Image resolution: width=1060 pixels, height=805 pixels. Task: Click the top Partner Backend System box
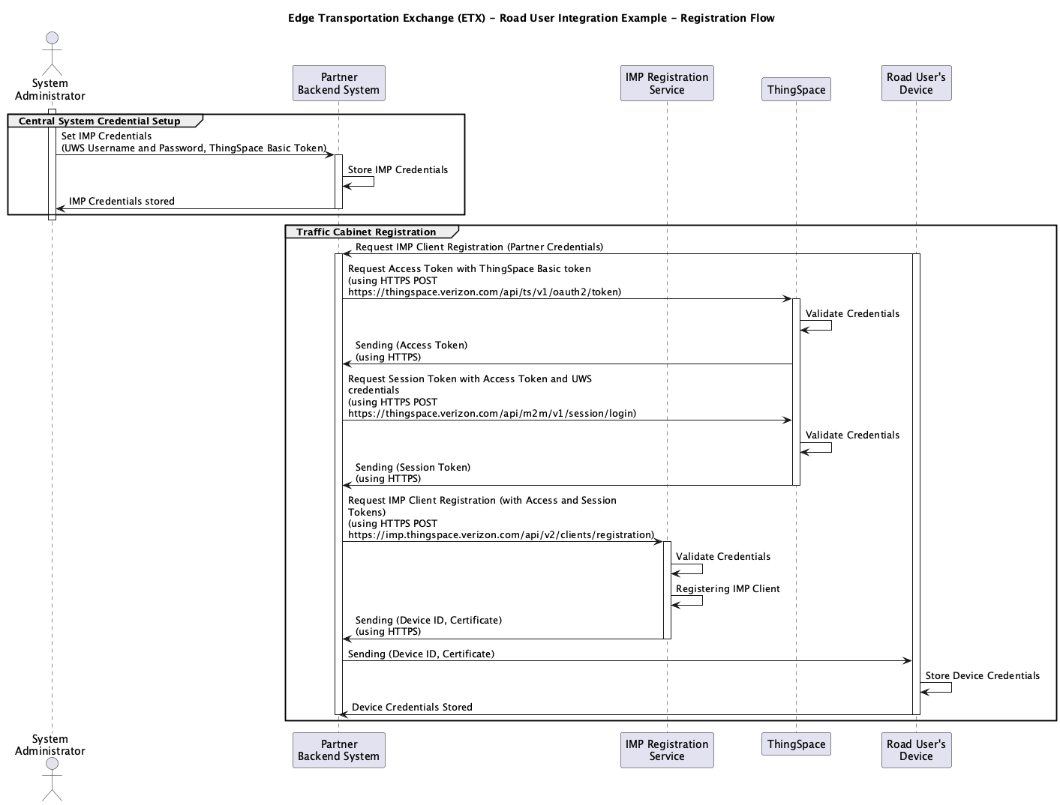click(338, 83)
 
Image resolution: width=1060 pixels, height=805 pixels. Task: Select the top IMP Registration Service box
click(667, 83)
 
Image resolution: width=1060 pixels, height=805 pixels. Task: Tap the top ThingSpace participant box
click(797, 89)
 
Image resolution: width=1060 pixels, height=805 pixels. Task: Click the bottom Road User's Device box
click(916, 750)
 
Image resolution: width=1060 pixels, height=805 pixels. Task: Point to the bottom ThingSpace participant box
click(797, 744)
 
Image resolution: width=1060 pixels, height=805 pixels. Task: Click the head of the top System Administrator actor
click(53, 38)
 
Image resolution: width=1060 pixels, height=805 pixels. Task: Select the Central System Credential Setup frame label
click(100, 121)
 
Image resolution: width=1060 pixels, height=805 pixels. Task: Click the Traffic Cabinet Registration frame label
click(366, 232)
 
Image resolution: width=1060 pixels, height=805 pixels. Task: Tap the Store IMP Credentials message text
click(398, 170)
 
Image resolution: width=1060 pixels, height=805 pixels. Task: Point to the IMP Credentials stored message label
click(122, 201)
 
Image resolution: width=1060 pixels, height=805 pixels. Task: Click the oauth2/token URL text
click(485, 292)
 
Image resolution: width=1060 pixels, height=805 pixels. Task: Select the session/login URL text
click(492, 413)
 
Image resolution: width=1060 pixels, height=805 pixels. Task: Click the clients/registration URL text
click(501, 535)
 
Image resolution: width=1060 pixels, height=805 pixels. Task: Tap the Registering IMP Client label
click(728, 589)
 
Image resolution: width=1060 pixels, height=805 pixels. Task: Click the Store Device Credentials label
click(982, 676)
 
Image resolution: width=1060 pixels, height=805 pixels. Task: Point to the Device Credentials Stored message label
click(412, 707)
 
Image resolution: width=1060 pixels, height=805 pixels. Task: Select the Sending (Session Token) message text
click(413, 468)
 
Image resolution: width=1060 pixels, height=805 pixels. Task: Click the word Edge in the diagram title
click(300, 18)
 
